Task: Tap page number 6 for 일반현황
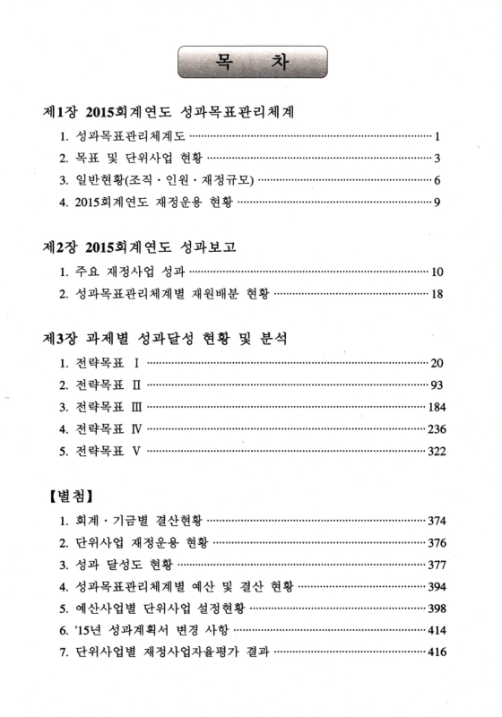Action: click(x=436, y=180)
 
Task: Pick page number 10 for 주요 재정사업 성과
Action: click(x=437, y=271)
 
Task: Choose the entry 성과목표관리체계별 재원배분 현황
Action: click(x=161, y=293)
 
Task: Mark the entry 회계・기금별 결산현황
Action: click(x=130, y=520)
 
